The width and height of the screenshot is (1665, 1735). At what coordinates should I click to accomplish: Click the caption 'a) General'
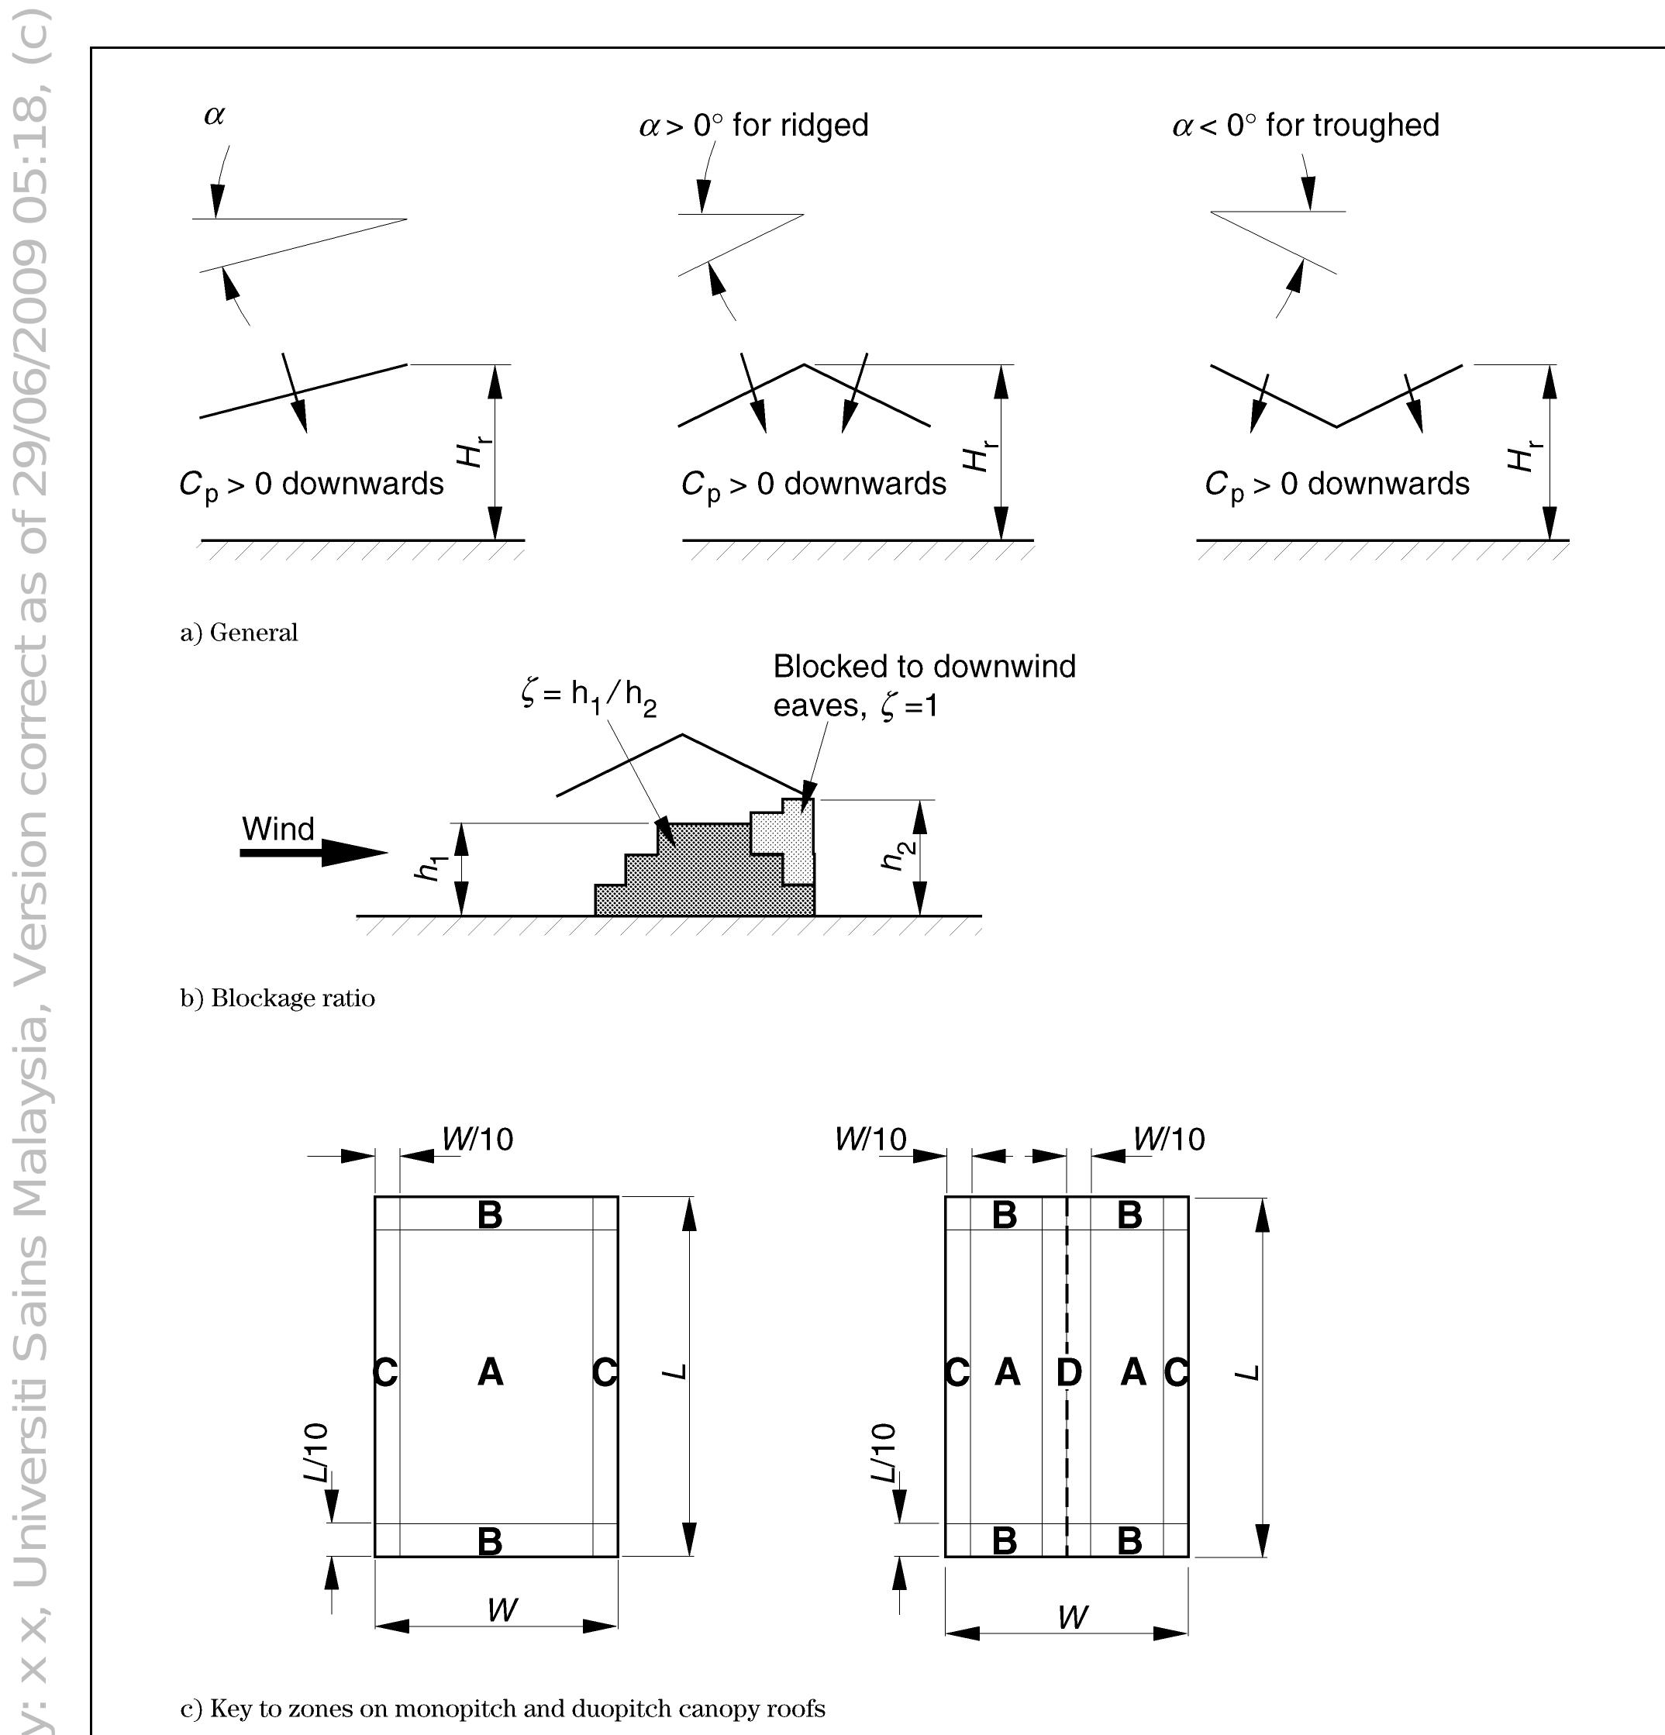click(x=239, y=633)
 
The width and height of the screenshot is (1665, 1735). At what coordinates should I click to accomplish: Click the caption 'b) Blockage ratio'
click(x=277, y=999)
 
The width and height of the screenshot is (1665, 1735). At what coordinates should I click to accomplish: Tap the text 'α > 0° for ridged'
click(x=753, y=126)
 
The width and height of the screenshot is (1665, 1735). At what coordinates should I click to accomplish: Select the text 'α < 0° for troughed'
click(x=1305, y=126)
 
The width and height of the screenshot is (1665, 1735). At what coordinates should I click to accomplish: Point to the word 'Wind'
click(x=278, y=829)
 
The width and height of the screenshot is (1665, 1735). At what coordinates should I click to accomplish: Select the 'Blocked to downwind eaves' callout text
click(x=923, y=685)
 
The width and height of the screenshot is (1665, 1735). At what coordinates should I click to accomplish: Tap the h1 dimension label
click(x=432, y=867)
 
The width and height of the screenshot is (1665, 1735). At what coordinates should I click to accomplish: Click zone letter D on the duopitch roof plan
click(x=1068, y=1373)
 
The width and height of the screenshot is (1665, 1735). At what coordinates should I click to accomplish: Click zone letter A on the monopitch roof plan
click(x=491, y=1372)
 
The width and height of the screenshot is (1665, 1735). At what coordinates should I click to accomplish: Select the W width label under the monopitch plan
click(x=502, y=1609)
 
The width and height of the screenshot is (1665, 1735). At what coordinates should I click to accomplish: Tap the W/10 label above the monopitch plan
click(x=478, y=1140)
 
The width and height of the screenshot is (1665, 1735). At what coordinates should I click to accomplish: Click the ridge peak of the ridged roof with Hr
click(x=804, y=364)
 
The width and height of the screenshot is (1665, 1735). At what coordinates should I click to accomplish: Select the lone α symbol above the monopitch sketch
click(x=214, y=115)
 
